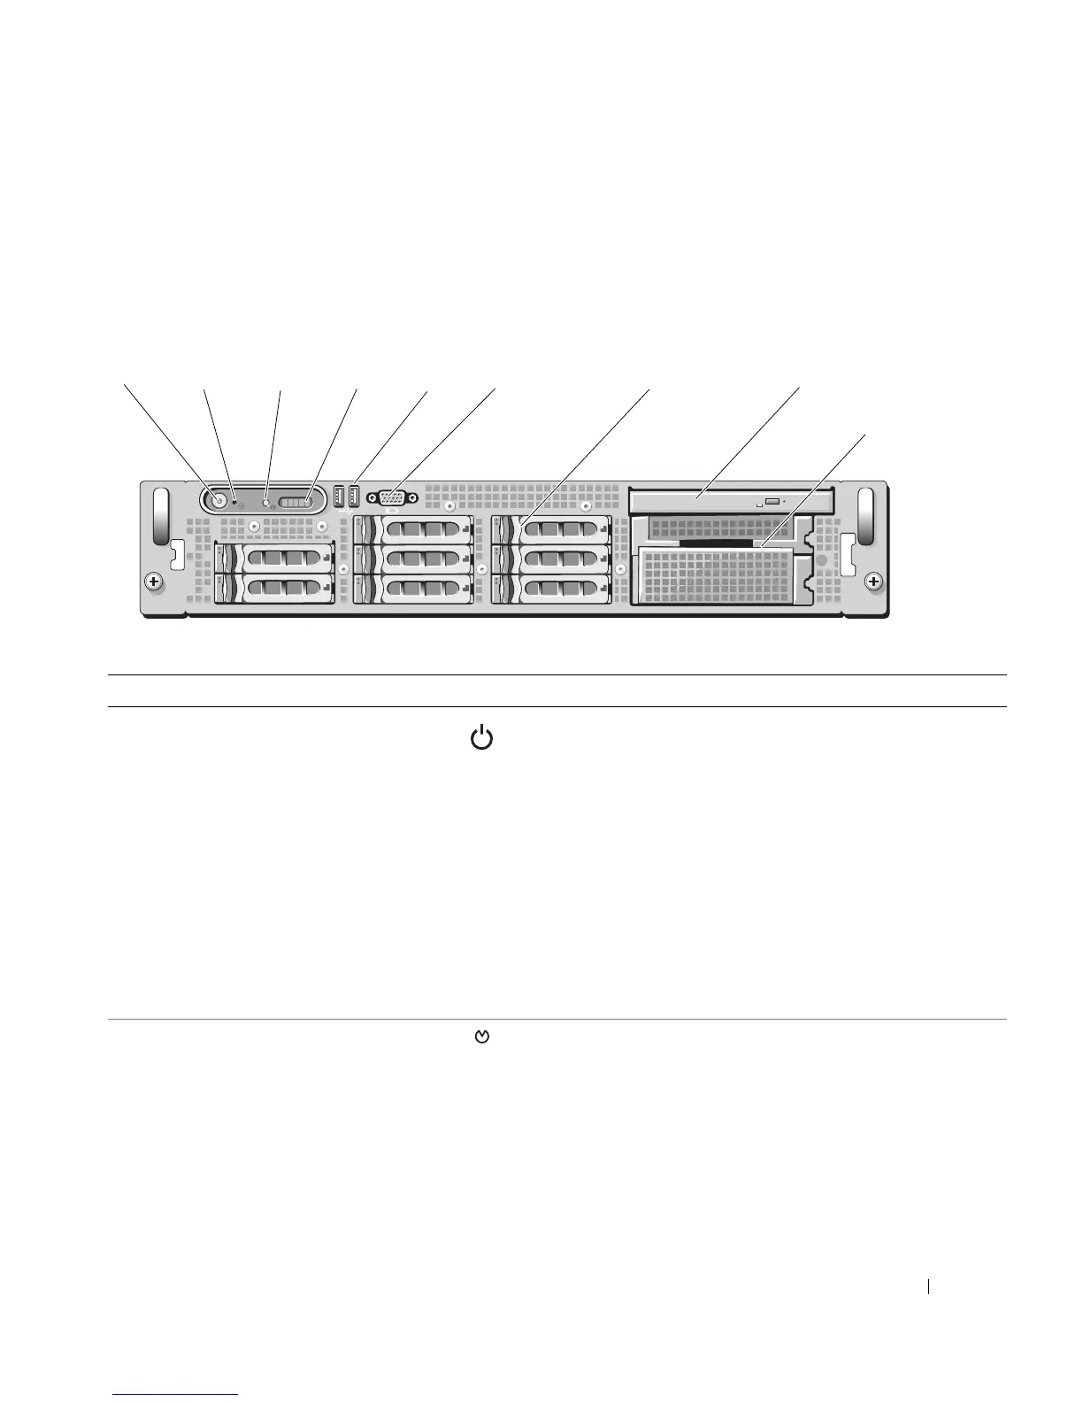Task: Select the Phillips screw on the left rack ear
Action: [x=154, y=582]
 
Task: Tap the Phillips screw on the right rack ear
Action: [x=873, y=582]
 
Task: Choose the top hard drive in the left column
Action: [x=274, y=558]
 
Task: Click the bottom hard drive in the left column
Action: [x=274, y=588]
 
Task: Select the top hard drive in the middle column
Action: [x=412, y=530]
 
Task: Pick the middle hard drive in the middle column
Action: [x=412, y=558]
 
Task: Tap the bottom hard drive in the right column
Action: [x=550, y=588]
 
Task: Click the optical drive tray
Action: [x=733, y=501]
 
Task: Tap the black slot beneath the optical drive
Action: [x=715, y=542]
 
